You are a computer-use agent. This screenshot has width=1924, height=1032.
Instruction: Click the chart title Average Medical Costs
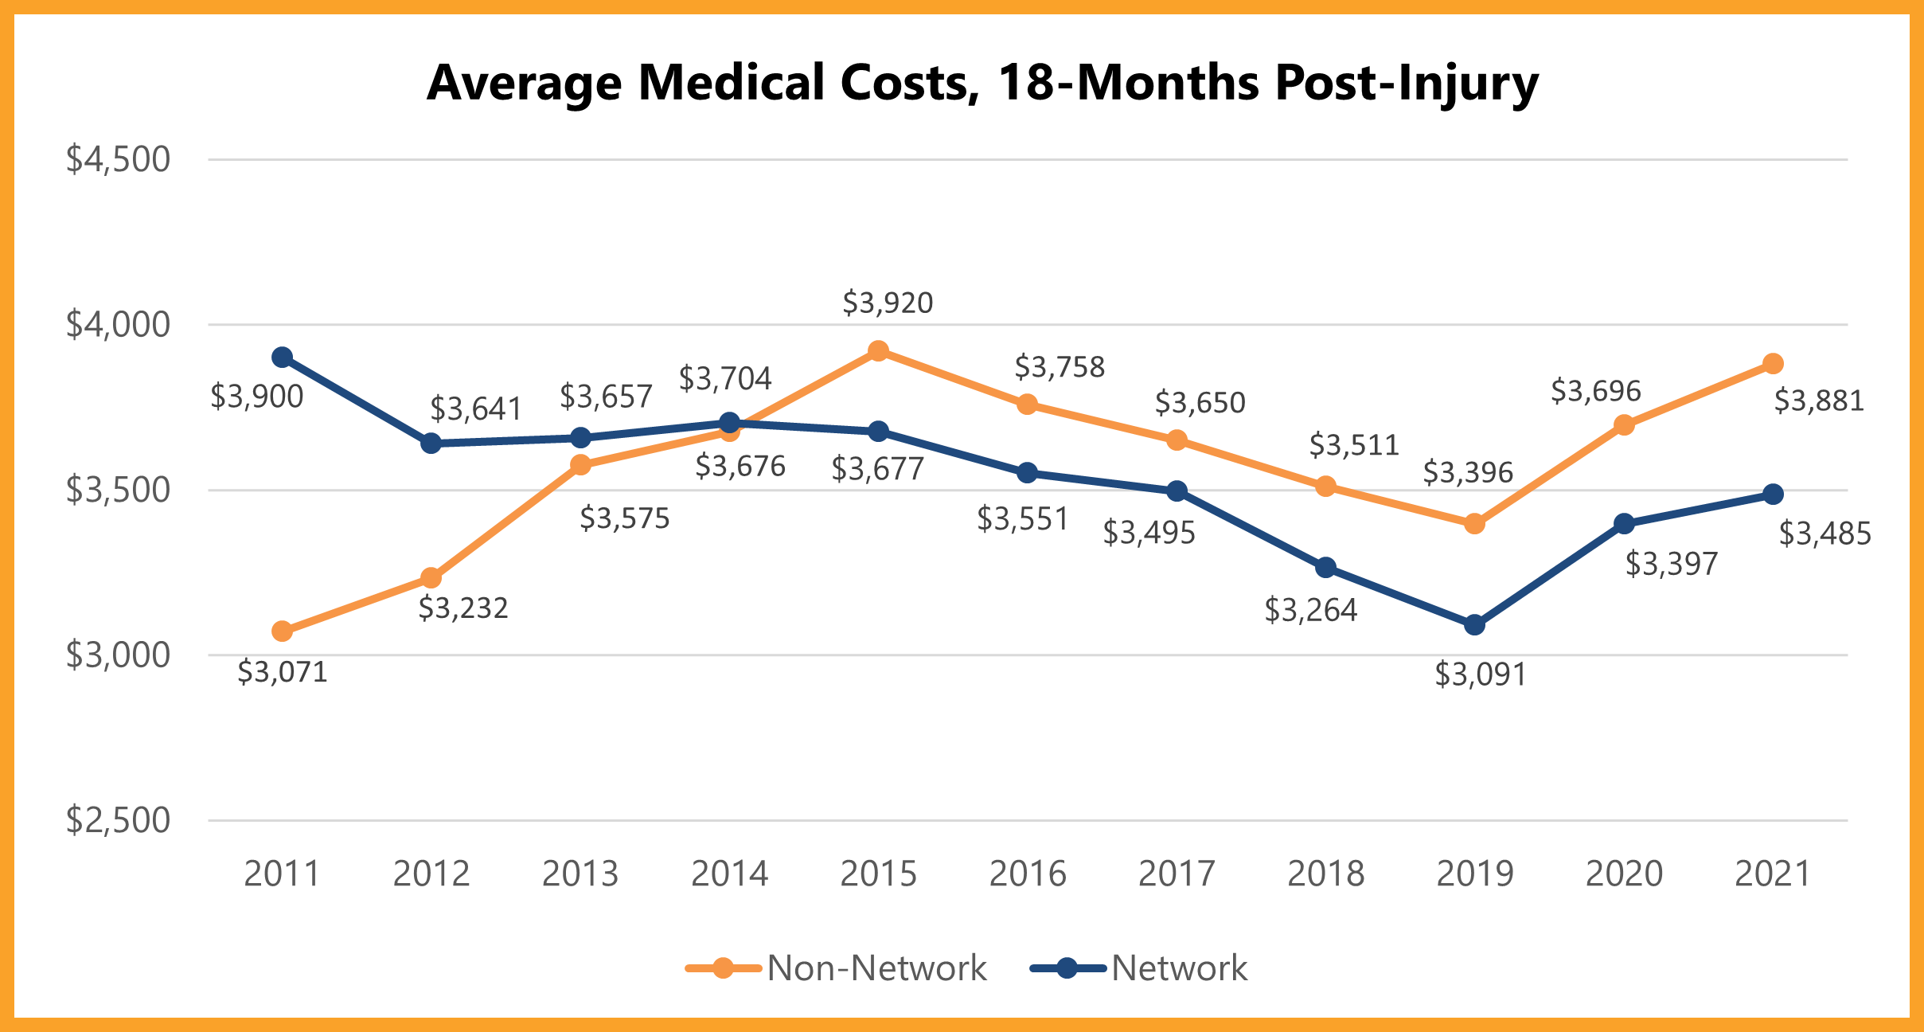point(982,83)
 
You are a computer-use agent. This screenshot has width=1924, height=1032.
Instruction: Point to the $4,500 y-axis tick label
point(118,159)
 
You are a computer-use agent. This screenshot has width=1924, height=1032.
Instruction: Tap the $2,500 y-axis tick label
point(118,820)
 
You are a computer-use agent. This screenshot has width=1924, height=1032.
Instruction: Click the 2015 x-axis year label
point(878,874)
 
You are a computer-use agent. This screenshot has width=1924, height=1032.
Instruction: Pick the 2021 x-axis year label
point(1772,874)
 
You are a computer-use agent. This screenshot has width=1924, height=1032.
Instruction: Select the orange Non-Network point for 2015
point(878,351)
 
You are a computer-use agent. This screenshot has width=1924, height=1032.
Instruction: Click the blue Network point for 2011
point(282,358)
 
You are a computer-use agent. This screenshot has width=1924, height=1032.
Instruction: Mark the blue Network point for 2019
point(1474,625)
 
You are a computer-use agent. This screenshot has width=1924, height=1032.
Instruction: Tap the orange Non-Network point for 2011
point(282,631)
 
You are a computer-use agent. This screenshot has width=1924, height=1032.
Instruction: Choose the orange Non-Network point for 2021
point(1773,364)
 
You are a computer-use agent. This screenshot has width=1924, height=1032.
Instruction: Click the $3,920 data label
point(888,303)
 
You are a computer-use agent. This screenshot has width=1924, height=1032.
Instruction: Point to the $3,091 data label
point(1480,675)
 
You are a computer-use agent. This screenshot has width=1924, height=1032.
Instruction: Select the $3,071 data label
point(283,673)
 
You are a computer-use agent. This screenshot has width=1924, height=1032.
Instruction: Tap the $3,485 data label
point(1824,534)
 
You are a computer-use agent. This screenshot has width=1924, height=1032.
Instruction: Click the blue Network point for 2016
point(1027,473)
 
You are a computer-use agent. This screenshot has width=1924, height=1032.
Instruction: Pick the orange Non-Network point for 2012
point(431,577)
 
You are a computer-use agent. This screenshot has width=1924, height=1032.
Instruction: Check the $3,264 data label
point(1310,611)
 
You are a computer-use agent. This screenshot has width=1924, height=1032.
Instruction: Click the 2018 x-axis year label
point(1325,874)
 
